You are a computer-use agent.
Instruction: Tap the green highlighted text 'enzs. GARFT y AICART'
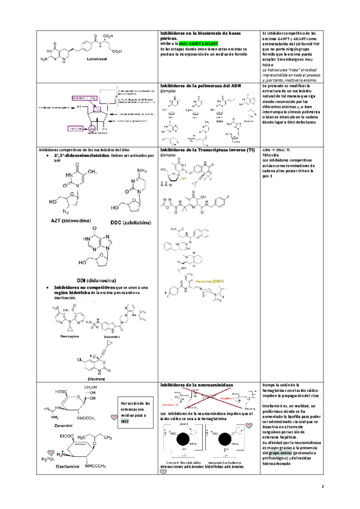(x=198, y=44)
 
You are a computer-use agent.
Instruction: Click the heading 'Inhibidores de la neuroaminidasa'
(x=197, y=384)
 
